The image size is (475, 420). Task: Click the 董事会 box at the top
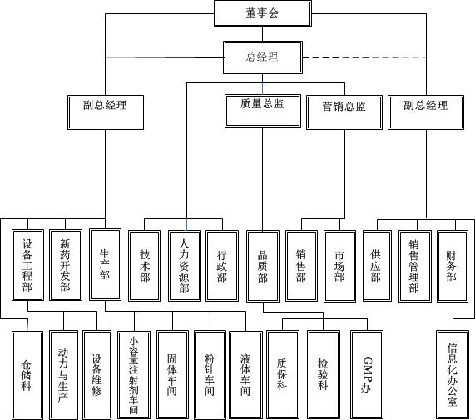tap(263, 13)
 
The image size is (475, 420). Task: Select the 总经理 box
tap(263, 57)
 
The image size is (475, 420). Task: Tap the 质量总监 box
tap(263, 111)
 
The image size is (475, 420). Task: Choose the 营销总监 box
tap(344, 112)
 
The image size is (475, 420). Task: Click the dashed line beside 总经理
tap(364, 57)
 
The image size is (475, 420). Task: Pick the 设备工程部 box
tap(27, 265)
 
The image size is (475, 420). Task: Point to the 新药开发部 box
tap(66, 265)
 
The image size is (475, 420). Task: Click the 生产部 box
tap(105, 264)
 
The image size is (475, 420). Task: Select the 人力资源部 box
tap(184, 266)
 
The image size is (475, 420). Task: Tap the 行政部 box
tap(222, 266)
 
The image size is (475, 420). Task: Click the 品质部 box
tap(263, 266)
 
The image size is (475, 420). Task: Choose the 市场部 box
tap(339, 266)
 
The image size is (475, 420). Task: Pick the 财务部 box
tap(452, 266)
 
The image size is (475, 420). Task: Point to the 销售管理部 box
tap(415, 266)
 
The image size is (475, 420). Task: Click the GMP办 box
tap(367, 375)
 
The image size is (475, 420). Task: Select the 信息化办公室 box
tap(453, 375)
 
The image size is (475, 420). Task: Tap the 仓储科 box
tap(27, 376)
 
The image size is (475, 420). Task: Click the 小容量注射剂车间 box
tap(134, 376)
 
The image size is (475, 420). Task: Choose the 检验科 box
tap(324, 375)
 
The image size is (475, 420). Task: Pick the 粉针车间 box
tap(210, 375)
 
